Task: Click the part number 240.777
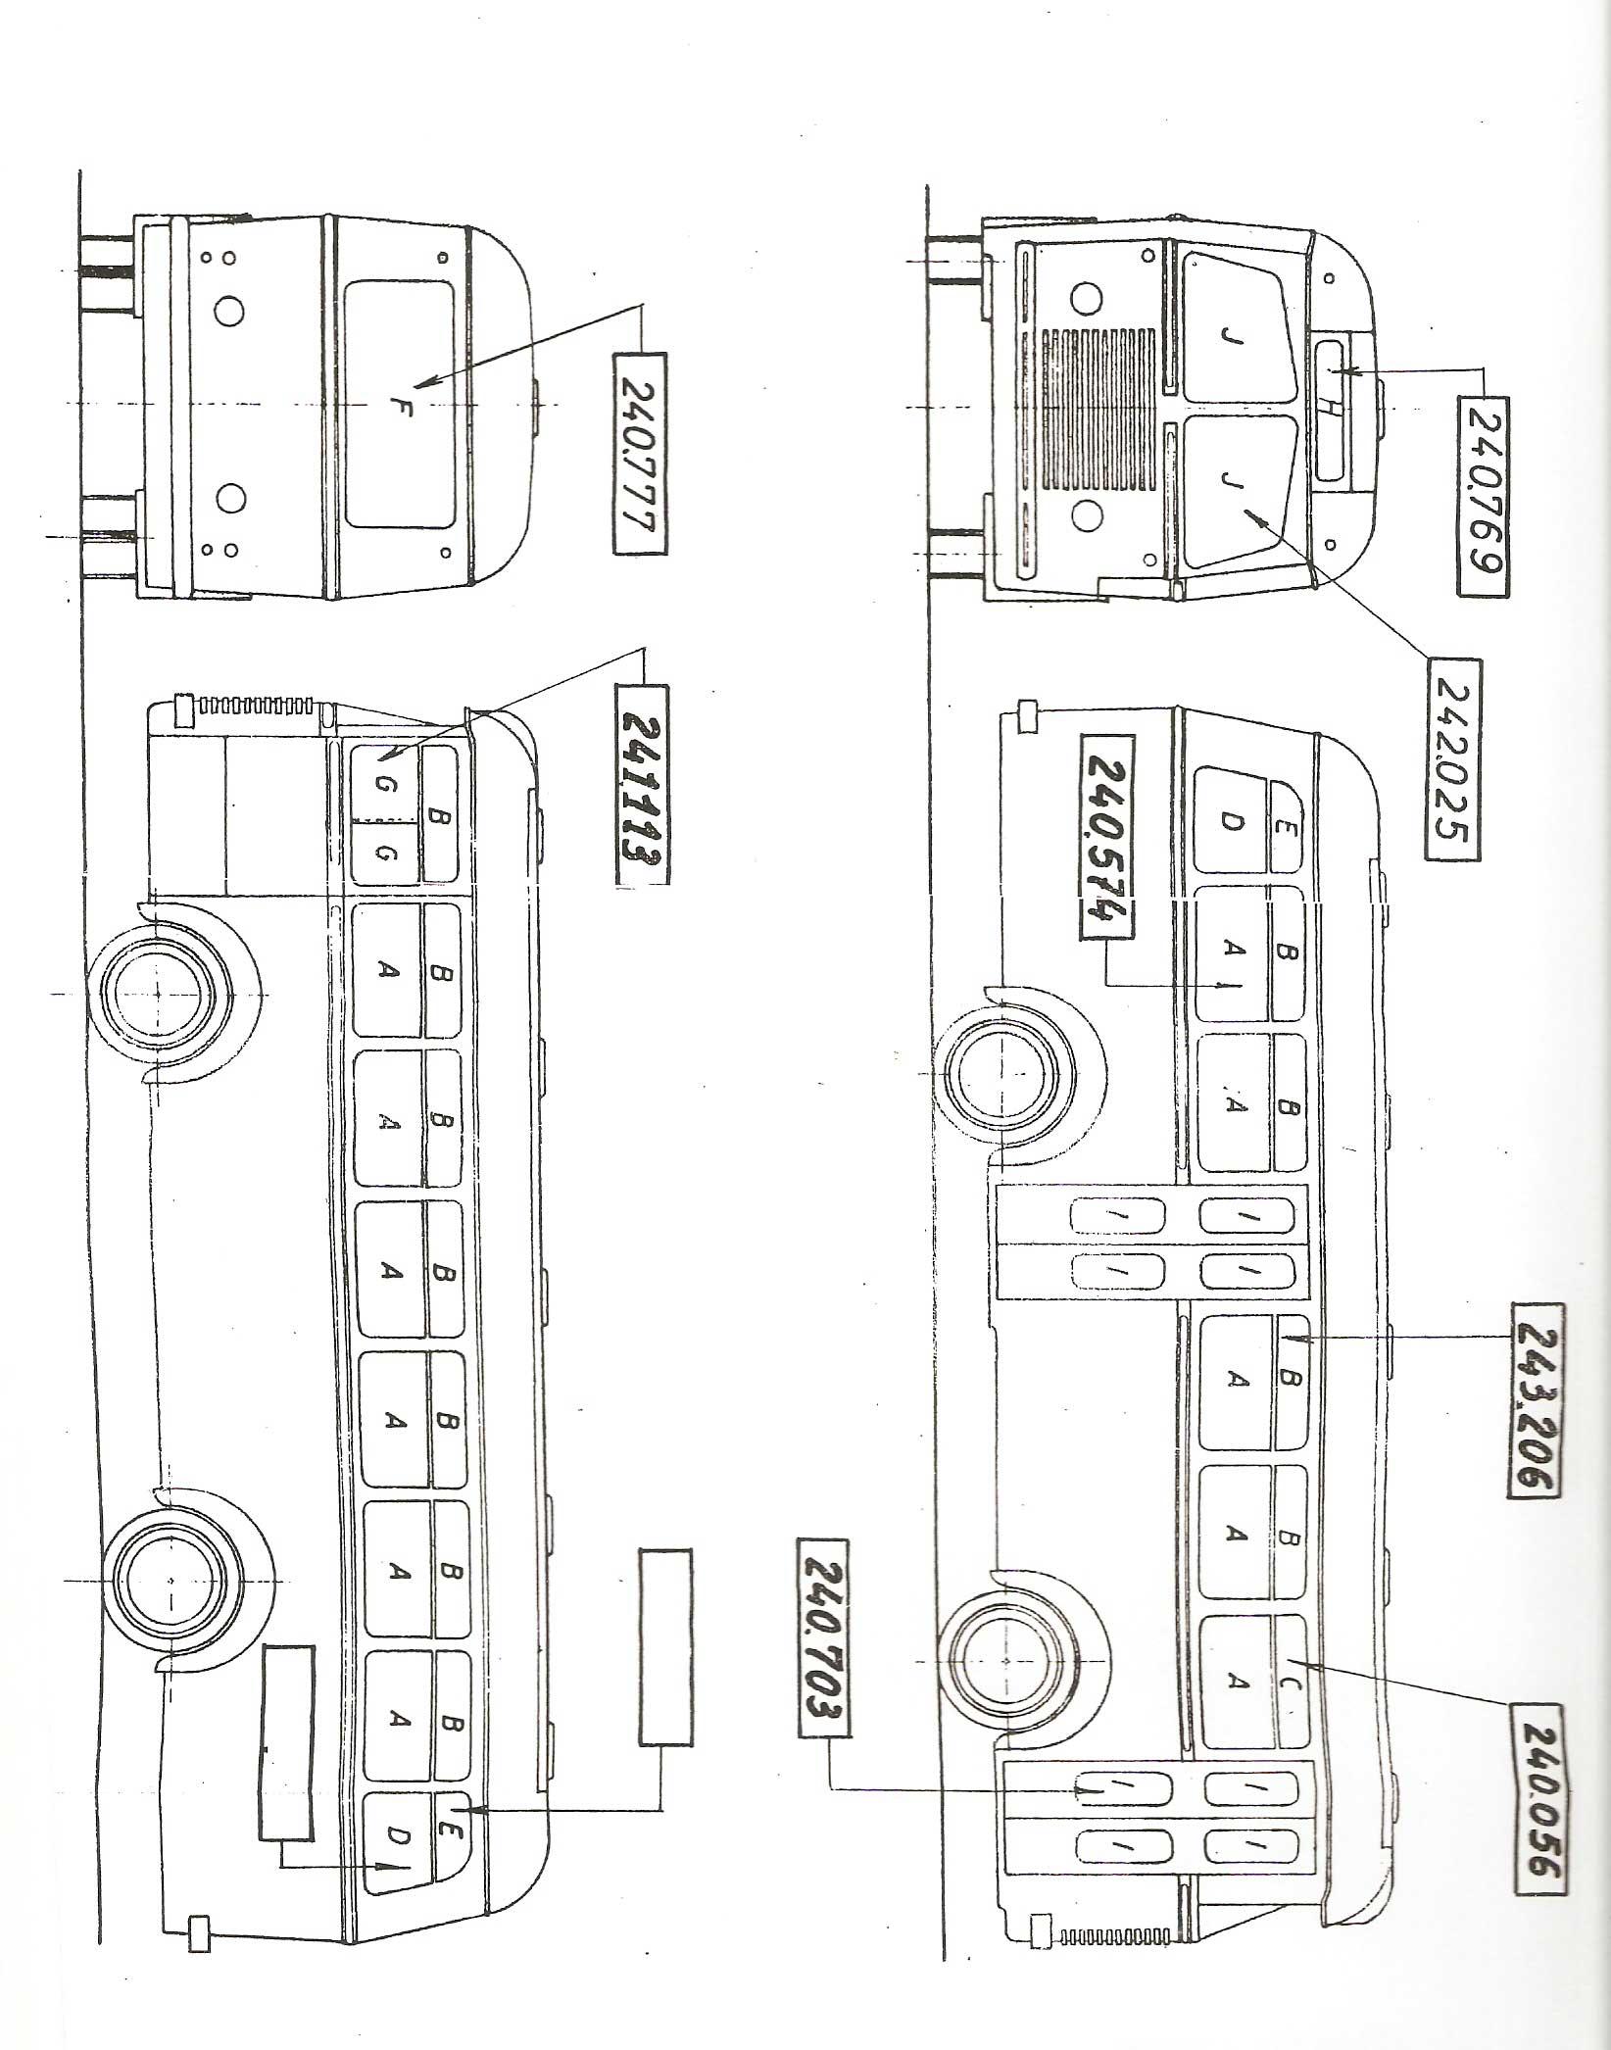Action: pos(640,454)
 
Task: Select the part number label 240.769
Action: pos(1483,496)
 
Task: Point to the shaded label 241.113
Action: pos(642,784)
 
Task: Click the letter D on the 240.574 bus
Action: pos(1232,823)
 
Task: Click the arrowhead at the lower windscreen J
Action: pos(1251,511)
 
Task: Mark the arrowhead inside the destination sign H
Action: pos(1342,372)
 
